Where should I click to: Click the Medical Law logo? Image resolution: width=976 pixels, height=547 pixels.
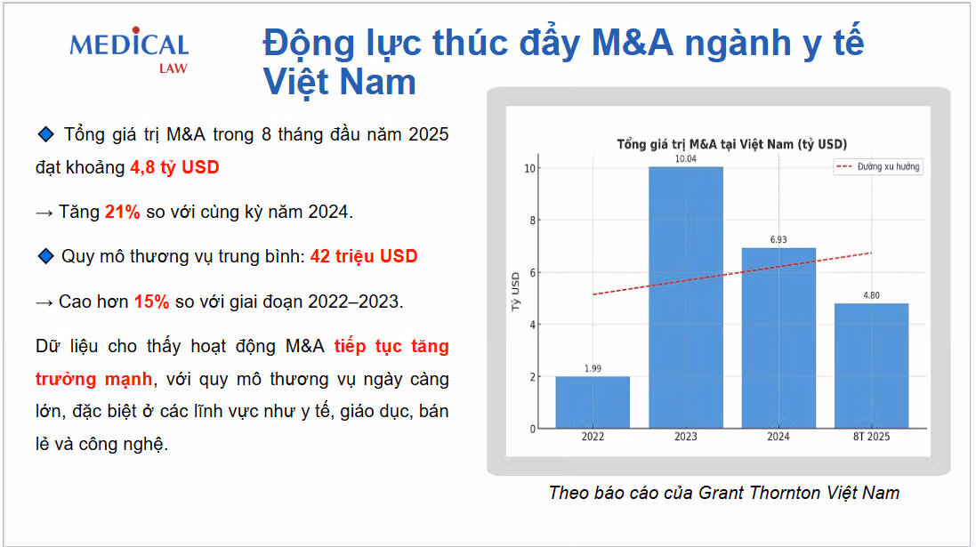129,51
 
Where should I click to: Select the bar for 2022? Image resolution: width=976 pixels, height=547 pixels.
593,402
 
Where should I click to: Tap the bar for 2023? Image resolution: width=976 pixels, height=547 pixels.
686,297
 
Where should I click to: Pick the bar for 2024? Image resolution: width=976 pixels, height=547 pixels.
778,338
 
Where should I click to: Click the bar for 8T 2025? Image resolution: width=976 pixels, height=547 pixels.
871,366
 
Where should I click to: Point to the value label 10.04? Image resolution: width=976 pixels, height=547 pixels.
686,158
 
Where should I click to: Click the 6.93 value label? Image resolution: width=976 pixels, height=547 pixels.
778,239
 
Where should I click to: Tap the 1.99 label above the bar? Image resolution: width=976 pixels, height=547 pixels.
593,368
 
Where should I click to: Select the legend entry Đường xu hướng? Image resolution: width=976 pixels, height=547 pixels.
877,167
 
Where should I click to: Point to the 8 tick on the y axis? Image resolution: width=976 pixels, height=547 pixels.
532,221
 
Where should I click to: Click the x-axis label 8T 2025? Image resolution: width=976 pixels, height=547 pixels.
871,437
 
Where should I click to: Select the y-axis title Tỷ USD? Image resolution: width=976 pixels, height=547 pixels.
515,291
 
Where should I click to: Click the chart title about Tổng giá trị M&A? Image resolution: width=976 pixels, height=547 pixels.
731,144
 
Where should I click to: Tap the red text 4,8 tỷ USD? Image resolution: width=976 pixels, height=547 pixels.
174,167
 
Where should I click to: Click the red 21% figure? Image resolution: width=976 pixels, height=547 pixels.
122,213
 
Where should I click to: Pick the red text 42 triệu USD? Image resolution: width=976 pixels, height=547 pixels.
364,256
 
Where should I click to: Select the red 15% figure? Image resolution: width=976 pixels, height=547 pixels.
151,302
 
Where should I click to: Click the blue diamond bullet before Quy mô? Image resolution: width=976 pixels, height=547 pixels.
45,256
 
